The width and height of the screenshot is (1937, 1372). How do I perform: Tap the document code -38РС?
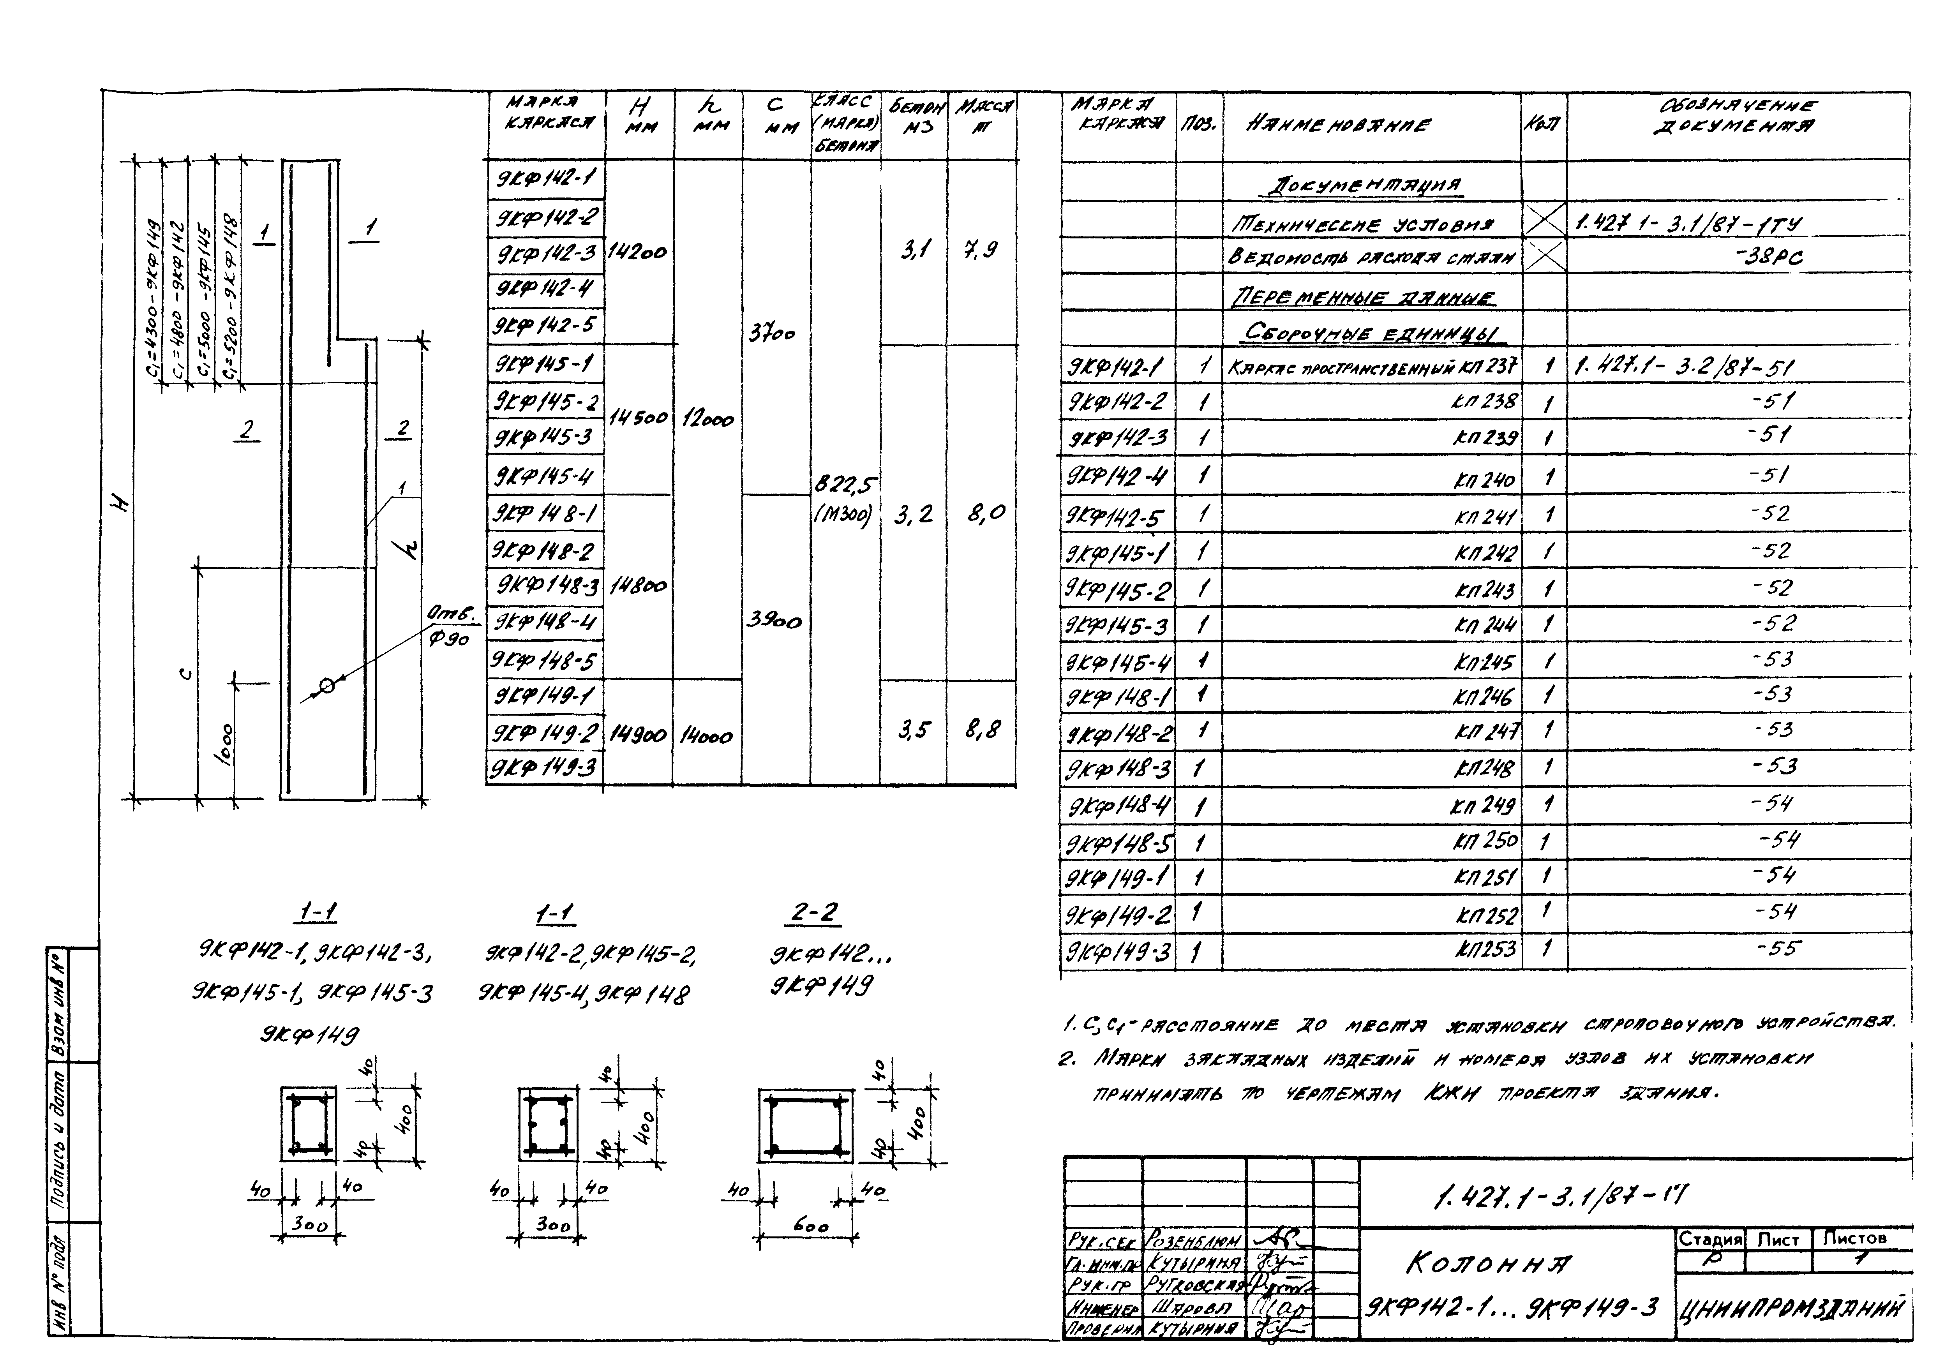1772,257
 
